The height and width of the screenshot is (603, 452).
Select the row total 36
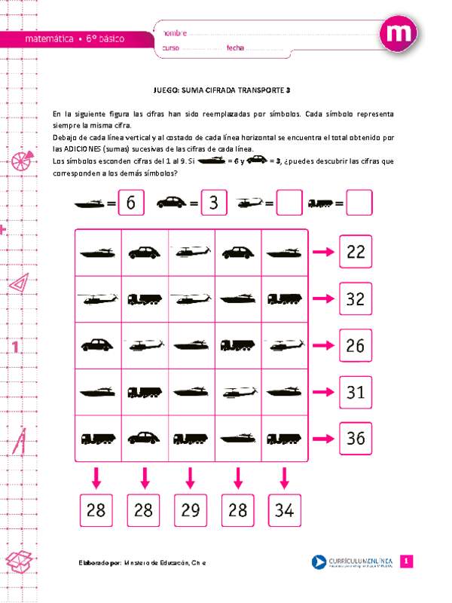point(356,437)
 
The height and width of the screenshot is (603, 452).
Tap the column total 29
point(191,510)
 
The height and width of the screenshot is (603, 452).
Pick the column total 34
point(285,510)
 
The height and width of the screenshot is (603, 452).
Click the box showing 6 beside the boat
point(131,203)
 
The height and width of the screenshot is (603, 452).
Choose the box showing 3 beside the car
point(214,203)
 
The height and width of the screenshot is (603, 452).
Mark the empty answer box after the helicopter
point(289,203)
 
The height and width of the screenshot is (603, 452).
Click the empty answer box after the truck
point(359,203)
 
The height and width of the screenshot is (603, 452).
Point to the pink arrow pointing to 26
point(323,344)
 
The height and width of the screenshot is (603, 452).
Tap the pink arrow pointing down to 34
point(284,478)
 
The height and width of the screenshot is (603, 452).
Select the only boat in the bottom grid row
point(237,437)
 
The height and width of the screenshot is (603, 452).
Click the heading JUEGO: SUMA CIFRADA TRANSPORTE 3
point(225,90)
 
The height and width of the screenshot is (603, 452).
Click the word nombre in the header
point(174,33)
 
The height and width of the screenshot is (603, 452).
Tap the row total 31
point(356,391)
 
